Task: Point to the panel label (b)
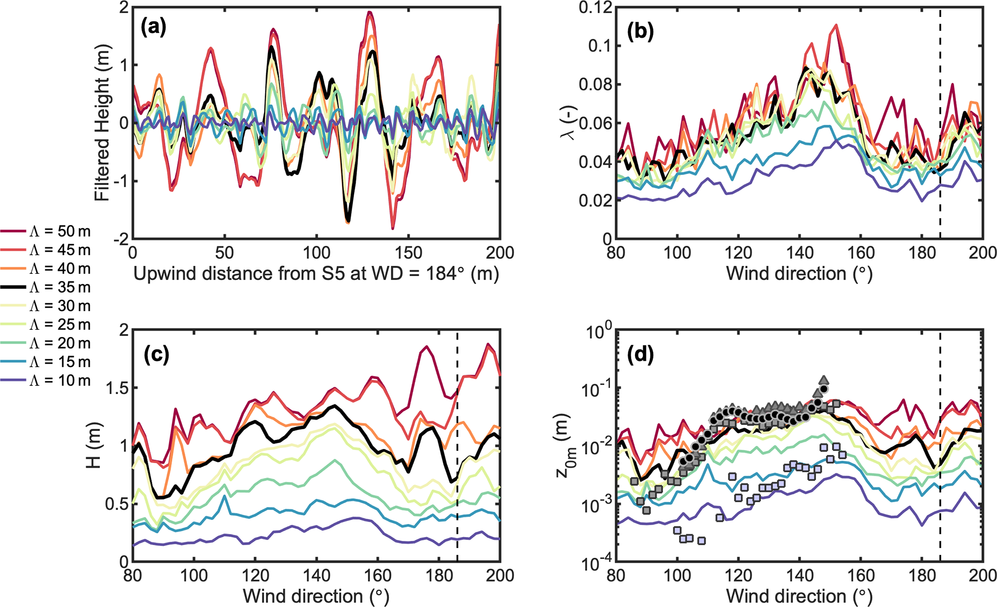[640, 31]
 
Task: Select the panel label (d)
[640, 355]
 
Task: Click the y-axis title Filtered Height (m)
[103, 123]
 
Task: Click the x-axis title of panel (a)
[316, 274]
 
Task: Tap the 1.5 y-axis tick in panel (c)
[114, 388]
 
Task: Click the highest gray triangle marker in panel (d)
[824, 380]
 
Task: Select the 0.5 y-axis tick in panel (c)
[114, 504]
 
